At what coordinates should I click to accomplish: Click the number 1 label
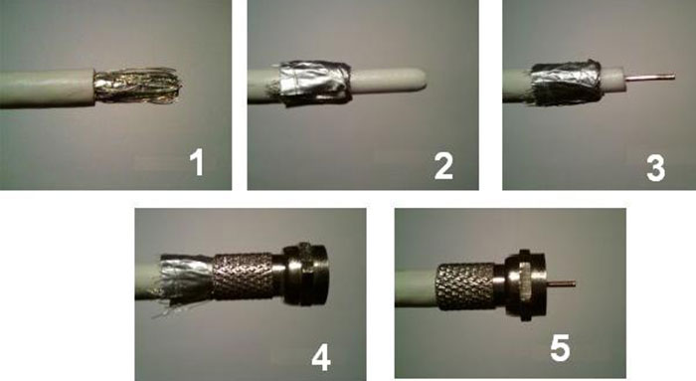(x=197, y=162)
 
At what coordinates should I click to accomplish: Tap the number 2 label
(x=443, y=165)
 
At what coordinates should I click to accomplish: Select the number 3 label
(x=655, y=168)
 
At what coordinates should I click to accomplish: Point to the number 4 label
(x=321, y=358)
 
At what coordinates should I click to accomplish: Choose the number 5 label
(x=560, y=348)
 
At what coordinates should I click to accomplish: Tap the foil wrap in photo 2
(x=313, y=83)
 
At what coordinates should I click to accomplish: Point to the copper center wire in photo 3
(x=650, y=78)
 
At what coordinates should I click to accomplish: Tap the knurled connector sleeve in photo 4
(x=244, y=276)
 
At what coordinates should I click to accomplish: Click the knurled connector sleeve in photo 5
(x=465, y=286)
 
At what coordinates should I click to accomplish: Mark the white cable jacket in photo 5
(x=416, y=286)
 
